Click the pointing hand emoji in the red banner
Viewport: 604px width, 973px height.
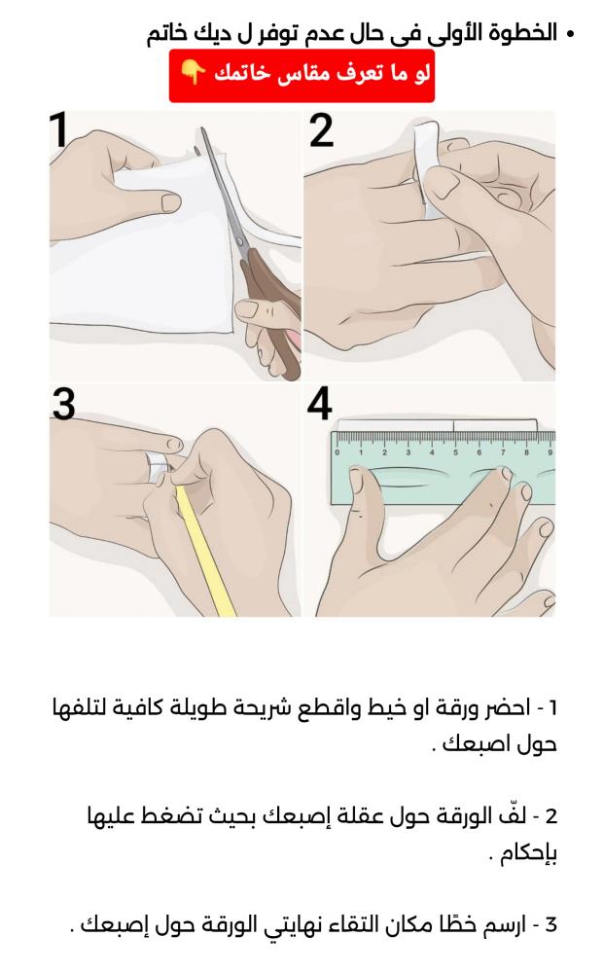pyautogui.click(x=193, y=73)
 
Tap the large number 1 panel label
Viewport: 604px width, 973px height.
pyautogui.click(x=59, y=129)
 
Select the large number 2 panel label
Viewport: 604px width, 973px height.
pyautogui.click(x=321, y=130)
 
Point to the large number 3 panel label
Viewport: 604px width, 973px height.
pyautogui.click(x=63, y=405)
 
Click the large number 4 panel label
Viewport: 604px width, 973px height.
pyautogui.click(x=319, y=404)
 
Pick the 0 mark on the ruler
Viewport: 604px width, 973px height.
pyautogui.click(x=338, y=452)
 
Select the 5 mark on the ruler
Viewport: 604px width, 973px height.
pyautogui.click(x=455, y=452)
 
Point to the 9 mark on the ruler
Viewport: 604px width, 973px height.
pyautogui.click(x=550, y=452)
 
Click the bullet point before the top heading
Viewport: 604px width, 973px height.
pyautogui.click(x=570, y=33)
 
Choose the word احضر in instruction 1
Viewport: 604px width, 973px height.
pyautogui.click(x=505, y=708)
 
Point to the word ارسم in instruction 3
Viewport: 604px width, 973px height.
pyautogui.click(x=503, y=925)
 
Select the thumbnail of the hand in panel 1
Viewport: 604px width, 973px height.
pyautogui.click(x=170, y=202)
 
